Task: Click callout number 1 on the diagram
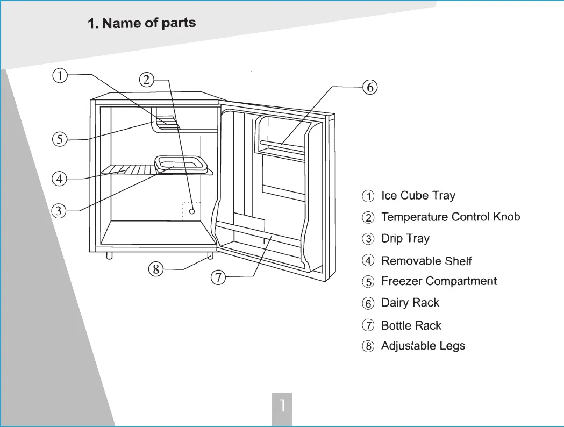pos(60,75)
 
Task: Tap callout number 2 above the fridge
pos(146,80)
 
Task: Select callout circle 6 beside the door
pos(370,88)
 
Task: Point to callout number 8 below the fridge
pos(156,269)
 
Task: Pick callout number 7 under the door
pos(218,277)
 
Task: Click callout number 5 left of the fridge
pos(60,139)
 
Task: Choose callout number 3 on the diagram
pos(59,210)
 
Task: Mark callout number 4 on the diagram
pos(59,179)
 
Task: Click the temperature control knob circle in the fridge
pos(192,211)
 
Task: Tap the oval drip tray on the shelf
pos(181,163)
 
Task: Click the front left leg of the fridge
pos(109,255)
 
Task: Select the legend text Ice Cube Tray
pos(418,195)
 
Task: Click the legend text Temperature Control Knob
pos(451,217)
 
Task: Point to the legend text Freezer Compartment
pos(439,281)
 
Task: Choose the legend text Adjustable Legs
pos(423,346)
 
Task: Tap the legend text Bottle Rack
pos(411,325)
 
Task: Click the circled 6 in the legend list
pos(368,303)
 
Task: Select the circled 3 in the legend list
pos(368,239)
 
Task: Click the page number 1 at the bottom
pos(282,405)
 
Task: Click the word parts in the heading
pos(179,23)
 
